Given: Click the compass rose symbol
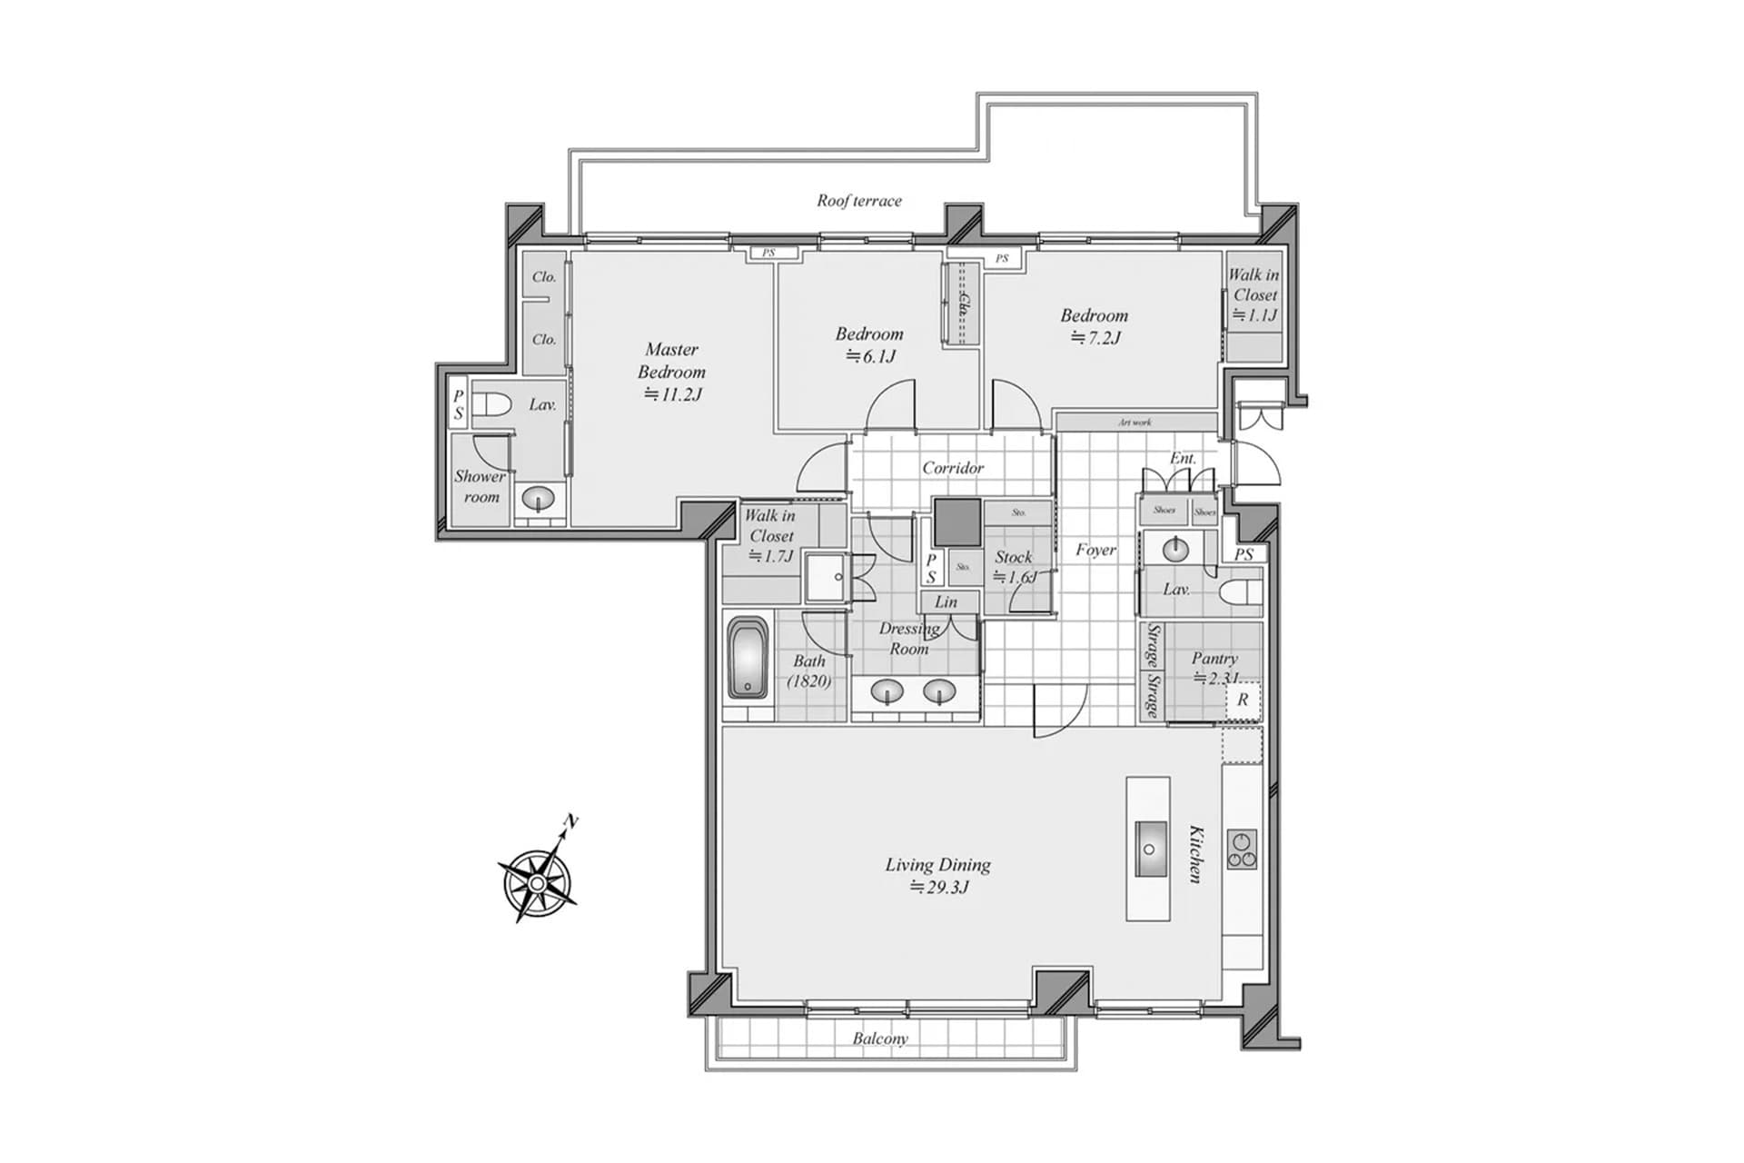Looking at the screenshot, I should click(539, 881).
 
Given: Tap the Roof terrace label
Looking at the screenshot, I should click(858, 201).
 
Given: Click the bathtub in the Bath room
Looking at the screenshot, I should click(748, 658).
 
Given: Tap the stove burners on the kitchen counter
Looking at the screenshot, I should click(1241, 850).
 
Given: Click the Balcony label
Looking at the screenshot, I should click(879, 1038).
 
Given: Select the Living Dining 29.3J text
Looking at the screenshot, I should click(937, 876).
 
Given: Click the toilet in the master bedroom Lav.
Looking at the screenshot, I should click(491, 405).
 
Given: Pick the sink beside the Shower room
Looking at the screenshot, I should click(539, 499).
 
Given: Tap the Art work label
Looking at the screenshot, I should click(1135, 422).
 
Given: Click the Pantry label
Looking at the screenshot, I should click(1214, 658).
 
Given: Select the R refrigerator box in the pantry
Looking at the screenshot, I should click(1243, 700).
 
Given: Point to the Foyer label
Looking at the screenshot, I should click(1095, 550).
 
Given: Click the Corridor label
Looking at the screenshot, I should click(952, 468).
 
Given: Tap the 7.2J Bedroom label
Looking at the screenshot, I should click(1094, 326).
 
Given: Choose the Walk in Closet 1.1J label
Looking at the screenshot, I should click(1253, 294).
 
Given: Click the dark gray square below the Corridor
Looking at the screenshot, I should click(957, 522).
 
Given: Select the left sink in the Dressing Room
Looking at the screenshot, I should click(886, 692).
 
